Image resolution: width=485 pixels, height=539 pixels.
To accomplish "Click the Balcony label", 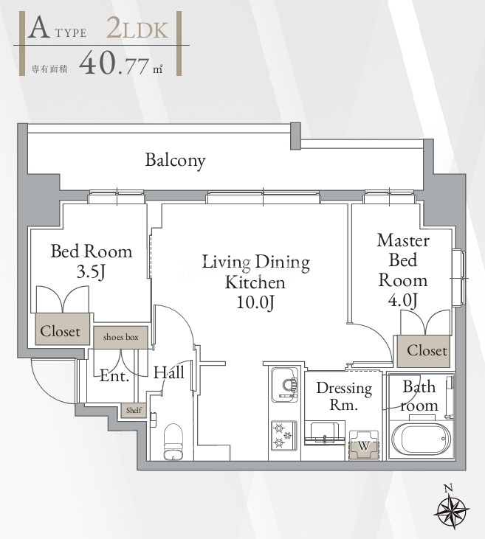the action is coord(175,160).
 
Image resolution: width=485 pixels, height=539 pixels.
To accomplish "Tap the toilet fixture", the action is coord(173,442).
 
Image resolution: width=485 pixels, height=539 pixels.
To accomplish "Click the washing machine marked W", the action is coord(364,445).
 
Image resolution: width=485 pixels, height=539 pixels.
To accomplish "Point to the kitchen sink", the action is coord(285,385).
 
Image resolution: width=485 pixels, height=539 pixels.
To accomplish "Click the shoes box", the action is coord(121,337).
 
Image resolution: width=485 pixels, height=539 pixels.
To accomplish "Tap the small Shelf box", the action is coord(134,410).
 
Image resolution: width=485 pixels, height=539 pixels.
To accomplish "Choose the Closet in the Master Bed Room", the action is coord(424,351).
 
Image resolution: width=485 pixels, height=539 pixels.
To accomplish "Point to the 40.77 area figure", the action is coord(114,63).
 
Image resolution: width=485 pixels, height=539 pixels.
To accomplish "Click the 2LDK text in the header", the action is coord(137,29).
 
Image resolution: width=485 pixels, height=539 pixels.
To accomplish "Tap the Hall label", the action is coord(168,372).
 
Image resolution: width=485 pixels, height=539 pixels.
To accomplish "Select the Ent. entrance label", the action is coord(114,376).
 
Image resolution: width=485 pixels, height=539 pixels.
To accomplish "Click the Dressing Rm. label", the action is coord(344,397).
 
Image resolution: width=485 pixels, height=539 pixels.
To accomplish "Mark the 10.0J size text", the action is coord(255,302).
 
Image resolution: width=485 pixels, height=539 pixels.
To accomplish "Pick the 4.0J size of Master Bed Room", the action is coord(403,300).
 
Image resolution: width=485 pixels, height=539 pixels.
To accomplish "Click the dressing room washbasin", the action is coord(325,432).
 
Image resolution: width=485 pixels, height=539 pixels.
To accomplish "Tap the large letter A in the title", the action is coord(38,28).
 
